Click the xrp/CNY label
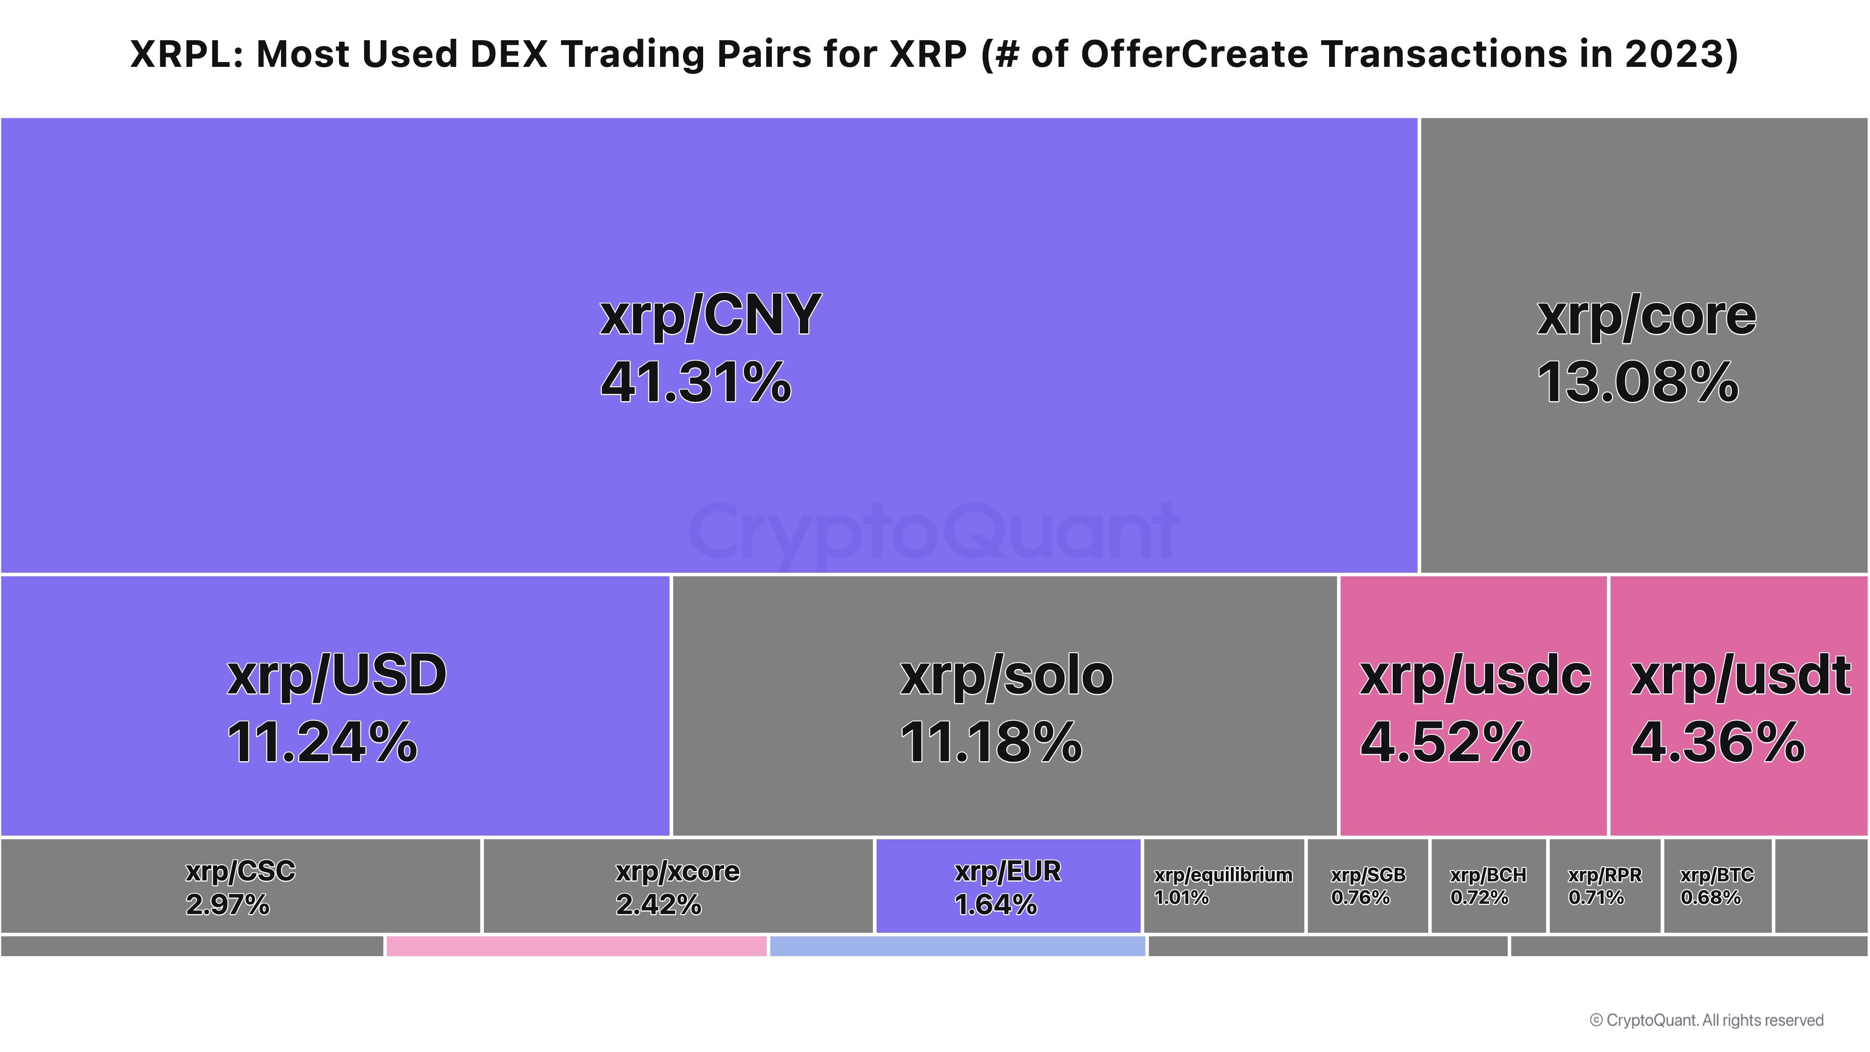(x=710, y=316)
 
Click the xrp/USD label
(x=337, y=675)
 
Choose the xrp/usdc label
(x=1475, y=675)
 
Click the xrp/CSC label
(x=240, y=871)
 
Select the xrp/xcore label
(x=677, y=871)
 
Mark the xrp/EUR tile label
(x=1007, y=871)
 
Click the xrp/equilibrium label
(x=1223, y=875)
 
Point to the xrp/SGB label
(x=1367, y=875)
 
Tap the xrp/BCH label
(x=1488, y=875)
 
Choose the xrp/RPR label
(x=1604, y=875)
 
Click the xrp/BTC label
(x=1717, y=875)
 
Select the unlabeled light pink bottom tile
(x=576, y=946)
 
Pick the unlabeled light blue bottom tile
(x=957, y=946)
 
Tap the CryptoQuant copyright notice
(x=1706, y=1020)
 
